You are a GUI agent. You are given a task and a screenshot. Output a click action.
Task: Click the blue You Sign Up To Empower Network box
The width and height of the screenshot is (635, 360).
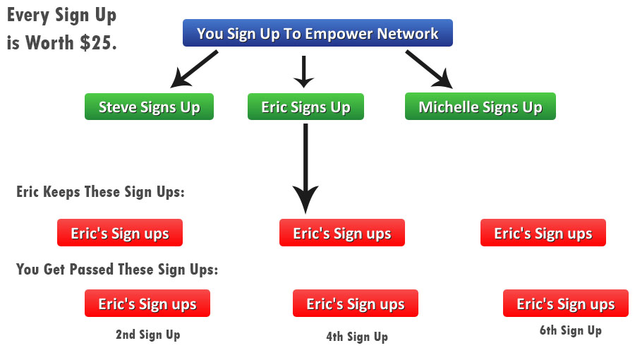[x=317, y=32]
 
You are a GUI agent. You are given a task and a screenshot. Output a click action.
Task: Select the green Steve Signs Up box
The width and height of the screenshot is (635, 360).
[x=149, y=107]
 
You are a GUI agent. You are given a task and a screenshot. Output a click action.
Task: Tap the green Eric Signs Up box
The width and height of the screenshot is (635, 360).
[x=306, y=107]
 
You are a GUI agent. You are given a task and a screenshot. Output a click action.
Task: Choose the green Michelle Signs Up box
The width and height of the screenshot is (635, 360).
[x=480, y=106]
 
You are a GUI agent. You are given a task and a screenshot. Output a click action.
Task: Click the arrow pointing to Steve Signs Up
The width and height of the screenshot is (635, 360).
[x=194, y=69]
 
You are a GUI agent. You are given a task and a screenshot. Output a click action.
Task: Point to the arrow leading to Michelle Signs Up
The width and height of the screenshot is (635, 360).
[x=429, y=69]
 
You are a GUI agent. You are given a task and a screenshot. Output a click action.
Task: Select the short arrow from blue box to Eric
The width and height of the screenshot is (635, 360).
[x=303, y=72]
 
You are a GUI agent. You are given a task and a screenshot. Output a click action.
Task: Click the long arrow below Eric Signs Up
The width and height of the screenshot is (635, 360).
[x=306, y=168]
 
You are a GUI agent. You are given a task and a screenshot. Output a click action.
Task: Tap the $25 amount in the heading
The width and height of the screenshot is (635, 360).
[x=98, y=42]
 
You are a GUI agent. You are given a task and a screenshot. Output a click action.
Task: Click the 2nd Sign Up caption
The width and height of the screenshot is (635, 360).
[x=148, y=335]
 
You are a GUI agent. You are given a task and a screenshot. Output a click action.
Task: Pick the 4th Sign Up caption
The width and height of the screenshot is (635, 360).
[x=357, y=337]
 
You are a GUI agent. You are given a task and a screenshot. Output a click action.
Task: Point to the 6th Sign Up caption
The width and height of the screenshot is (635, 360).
[x=570, y=331]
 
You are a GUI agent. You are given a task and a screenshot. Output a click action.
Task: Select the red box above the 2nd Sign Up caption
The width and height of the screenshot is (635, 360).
[x=147, y=304]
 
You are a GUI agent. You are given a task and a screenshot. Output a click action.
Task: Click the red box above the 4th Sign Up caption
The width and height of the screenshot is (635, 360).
[x=356, y=304]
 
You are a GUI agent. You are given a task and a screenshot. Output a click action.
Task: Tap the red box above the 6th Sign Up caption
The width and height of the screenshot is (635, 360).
[x=566, y=304]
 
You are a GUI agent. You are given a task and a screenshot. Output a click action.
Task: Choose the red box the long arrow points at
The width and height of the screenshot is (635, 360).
[x=342, y=233]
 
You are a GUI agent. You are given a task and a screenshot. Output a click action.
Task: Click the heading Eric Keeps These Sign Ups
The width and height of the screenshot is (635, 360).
[x=100, y=192]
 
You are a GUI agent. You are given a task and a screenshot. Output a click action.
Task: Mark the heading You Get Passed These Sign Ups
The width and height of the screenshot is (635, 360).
[x=117, y=269]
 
